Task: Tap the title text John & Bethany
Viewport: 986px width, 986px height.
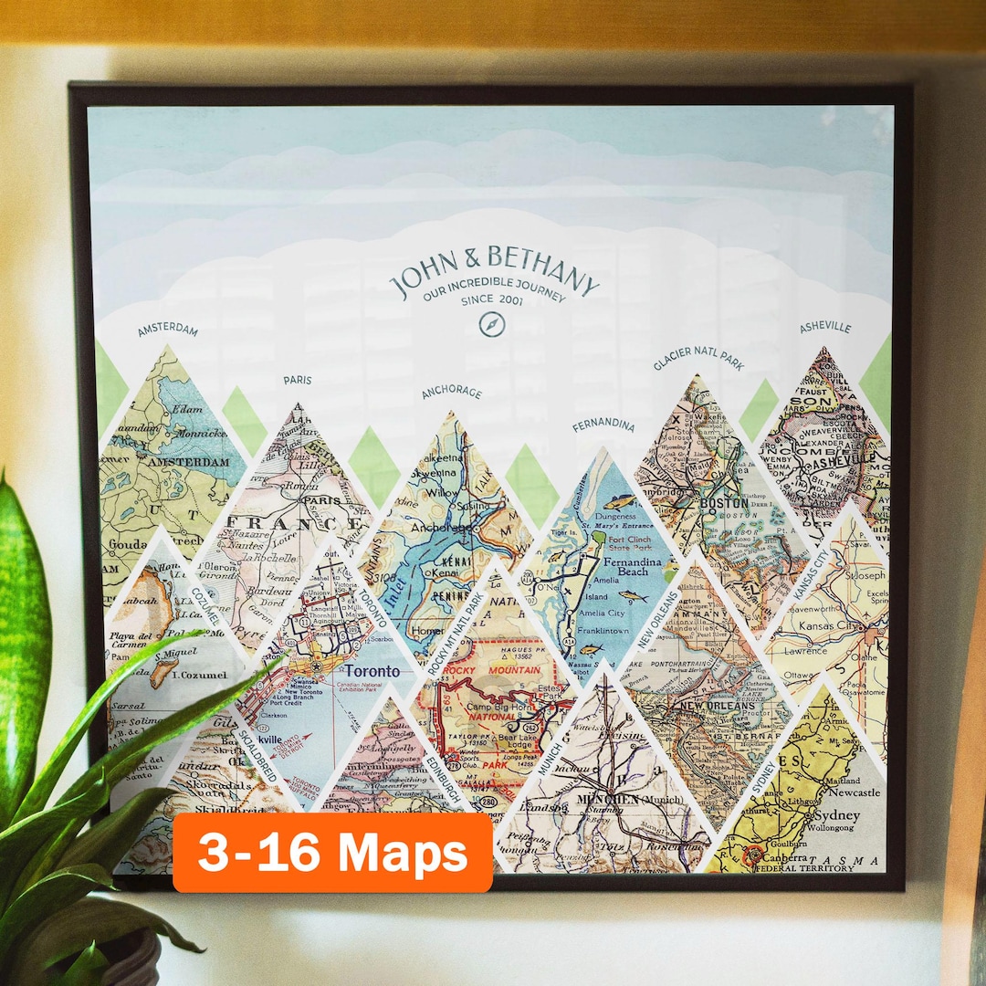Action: point(494,268)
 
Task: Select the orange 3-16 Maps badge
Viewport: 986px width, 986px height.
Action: point(332,853)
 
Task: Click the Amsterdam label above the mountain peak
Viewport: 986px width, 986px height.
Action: point(168,329)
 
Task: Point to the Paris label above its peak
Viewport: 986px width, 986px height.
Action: point(298,380)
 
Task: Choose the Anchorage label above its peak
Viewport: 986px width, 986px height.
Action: point(451,393)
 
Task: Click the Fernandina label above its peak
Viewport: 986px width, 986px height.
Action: point(603,425)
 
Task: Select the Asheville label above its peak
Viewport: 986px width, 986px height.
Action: point(825,327)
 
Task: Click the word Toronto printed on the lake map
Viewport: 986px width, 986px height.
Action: point(370,671)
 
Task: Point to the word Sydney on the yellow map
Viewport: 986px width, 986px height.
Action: point(837,815)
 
